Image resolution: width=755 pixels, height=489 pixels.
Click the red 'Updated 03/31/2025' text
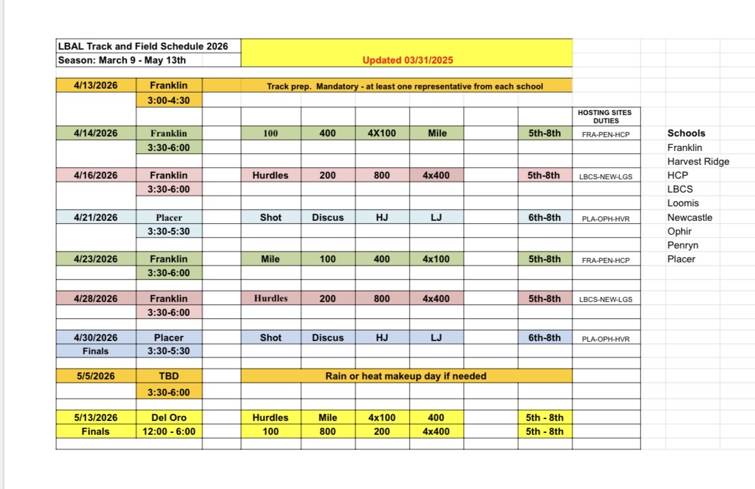pos(407,60)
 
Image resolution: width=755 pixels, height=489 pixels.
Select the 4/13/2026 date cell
pos(96,86)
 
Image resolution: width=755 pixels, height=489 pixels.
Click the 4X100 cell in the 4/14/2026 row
pos(382,133)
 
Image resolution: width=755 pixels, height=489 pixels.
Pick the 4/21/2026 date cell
pos(96,217)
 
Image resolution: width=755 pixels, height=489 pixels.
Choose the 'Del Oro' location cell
pos(169,417)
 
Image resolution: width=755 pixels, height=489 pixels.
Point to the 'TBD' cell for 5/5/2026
pos(169,376)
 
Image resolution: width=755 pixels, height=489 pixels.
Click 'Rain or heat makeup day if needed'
pos(406,376)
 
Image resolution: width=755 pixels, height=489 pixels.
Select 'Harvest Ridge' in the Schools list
pos(698,161)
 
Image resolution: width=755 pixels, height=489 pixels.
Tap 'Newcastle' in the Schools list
pos(690,217)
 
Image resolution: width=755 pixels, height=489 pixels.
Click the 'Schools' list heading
pos(686,133)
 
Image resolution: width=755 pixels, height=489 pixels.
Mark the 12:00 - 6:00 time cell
pos(169,431)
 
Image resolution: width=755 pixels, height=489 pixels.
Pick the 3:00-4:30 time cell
pos(169,100)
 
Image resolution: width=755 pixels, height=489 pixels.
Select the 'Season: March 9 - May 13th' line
pos(121,60)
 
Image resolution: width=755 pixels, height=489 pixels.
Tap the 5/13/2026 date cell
pos(96,417)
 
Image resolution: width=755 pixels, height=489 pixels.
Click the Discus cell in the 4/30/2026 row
pos(328,337)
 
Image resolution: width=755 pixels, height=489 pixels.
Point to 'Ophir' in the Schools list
pos(679,231)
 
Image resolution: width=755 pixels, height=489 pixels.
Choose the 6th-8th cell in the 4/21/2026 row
pos(544,217)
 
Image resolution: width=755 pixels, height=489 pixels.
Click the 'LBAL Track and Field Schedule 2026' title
pos(143,46)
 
